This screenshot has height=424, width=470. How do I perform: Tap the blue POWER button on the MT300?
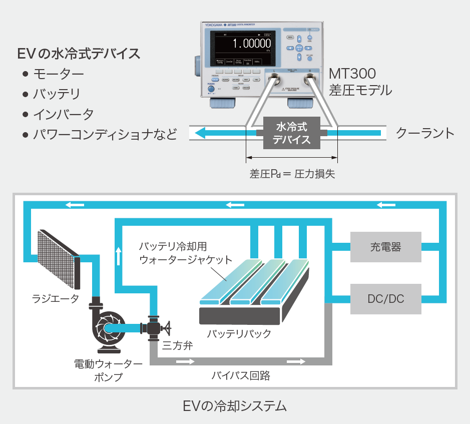tap(211, 90)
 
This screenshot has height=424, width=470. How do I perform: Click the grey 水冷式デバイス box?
tap(291, 133)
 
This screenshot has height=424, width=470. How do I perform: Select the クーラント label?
tap(425, 133)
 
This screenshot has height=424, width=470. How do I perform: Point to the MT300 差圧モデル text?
tap(360, 82)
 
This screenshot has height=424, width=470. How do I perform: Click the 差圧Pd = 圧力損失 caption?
tap(292, 174)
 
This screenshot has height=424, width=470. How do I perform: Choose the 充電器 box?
tap(386, 247)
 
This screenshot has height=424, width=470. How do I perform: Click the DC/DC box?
tap(386, 299)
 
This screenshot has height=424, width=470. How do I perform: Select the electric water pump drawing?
tap(108, 327)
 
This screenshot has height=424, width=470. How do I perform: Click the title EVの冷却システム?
tap(235, 405)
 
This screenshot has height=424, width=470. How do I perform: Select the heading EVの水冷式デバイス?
tap(79, 54)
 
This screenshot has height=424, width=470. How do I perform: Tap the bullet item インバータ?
tap(63, 114)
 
